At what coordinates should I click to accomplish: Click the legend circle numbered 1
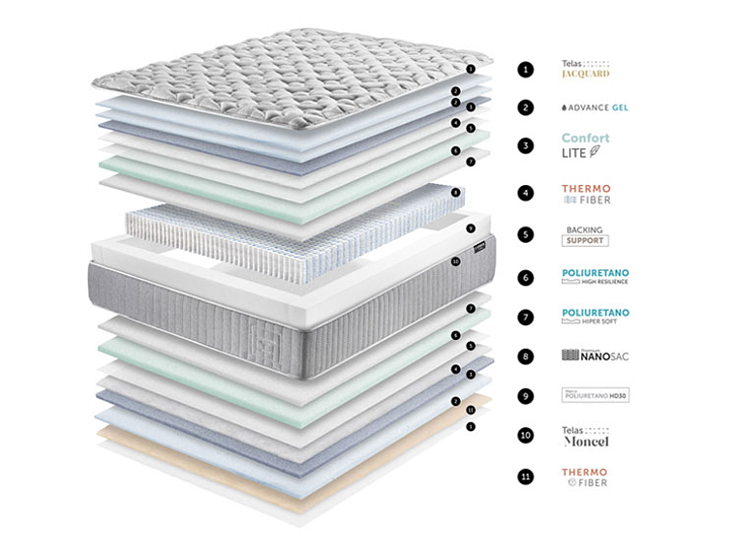(x=525, y=69)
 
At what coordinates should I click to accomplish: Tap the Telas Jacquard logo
(x=586, y=69)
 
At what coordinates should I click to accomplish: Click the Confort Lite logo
(x=586, y=145)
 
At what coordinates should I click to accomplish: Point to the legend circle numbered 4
(x=525, y=194)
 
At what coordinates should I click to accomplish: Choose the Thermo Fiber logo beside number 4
(x=586, y=194)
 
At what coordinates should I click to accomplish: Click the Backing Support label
(x=586, y=235)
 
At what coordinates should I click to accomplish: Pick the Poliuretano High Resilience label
(x=595, y=277)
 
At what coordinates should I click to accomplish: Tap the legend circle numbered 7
(x=525, y=317)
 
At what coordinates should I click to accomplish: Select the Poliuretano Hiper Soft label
(x=595, y=316)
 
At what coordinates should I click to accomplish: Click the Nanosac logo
(x=595, y=355)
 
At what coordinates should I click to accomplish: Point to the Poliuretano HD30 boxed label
(x=595, y=395)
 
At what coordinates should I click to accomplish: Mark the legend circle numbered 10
(x=525, y=436)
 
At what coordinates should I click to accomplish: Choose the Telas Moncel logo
(x=586, y=436)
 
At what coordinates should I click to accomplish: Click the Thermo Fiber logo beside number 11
(x=586, y=475)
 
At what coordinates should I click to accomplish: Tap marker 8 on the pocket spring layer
(x=455, y=192)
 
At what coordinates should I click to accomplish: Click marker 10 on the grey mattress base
(x=455, y=261)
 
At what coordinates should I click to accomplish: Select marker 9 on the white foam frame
(x=471, y=229)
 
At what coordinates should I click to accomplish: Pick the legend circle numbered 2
(x=525, y=107)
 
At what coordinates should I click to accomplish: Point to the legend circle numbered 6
(x=525, y=277)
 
